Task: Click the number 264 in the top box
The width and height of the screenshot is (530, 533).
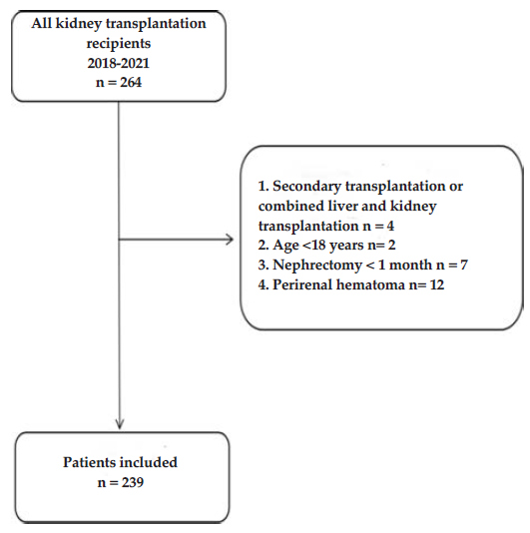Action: (131, 83)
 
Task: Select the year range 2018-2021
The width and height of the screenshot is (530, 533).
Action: (119, 63)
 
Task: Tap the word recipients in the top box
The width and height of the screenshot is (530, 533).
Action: (119, 44)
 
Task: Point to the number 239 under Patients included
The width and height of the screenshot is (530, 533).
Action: (133, 482)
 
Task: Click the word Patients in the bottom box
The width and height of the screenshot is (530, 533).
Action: (89, 462)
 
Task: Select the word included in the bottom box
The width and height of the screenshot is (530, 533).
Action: (149, 462)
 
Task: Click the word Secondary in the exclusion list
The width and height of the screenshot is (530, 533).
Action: (307, 187)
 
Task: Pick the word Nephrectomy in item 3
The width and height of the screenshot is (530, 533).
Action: (317, 266)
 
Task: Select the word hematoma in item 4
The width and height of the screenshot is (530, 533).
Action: (371, 284)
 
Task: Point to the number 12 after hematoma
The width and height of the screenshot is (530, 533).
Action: (437, 284)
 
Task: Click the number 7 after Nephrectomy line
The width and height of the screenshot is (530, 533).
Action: (464, 266)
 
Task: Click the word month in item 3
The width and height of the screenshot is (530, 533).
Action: (410, 266)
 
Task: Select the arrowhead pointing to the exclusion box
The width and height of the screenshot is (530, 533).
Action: (230, 240)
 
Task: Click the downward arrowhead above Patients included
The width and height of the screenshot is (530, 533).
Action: (120, 423)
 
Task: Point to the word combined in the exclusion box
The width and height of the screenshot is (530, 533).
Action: (291, 206)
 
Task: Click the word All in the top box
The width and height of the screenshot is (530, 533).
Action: (42, 24)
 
